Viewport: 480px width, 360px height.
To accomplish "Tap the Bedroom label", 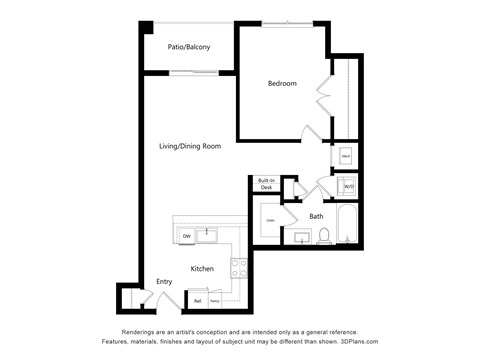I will click(x=281, y=83).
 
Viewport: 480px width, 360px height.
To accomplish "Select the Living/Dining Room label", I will click(x=189, y=146).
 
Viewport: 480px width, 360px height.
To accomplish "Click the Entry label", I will click(x=164, y=282).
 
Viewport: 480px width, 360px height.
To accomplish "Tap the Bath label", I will click(x=316, y=216).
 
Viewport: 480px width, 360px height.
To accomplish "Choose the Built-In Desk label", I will click(x=266, y=184).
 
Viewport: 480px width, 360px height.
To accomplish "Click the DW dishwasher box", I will click(x=186, y=236).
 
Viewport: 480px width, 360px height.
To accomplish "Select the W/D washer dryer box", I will click(x=348, y=186).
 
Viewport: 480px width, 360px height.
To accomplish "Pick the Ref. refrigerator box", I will click(x=198, y=300).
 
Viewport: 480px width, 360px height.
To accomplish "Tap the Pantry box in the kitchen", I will click(x=214, y=300).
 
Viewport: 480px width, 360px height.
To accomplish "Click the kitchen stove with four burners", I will click(x=240, y=267).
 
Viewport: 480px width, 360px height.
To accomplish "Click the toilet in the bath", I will click(x=323, y=237).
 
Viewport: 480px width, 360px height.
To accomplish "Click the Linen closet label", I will click(x=270, y=219).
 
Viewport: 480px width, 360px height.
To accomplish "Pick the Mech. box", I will click(x=345, y=156).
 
